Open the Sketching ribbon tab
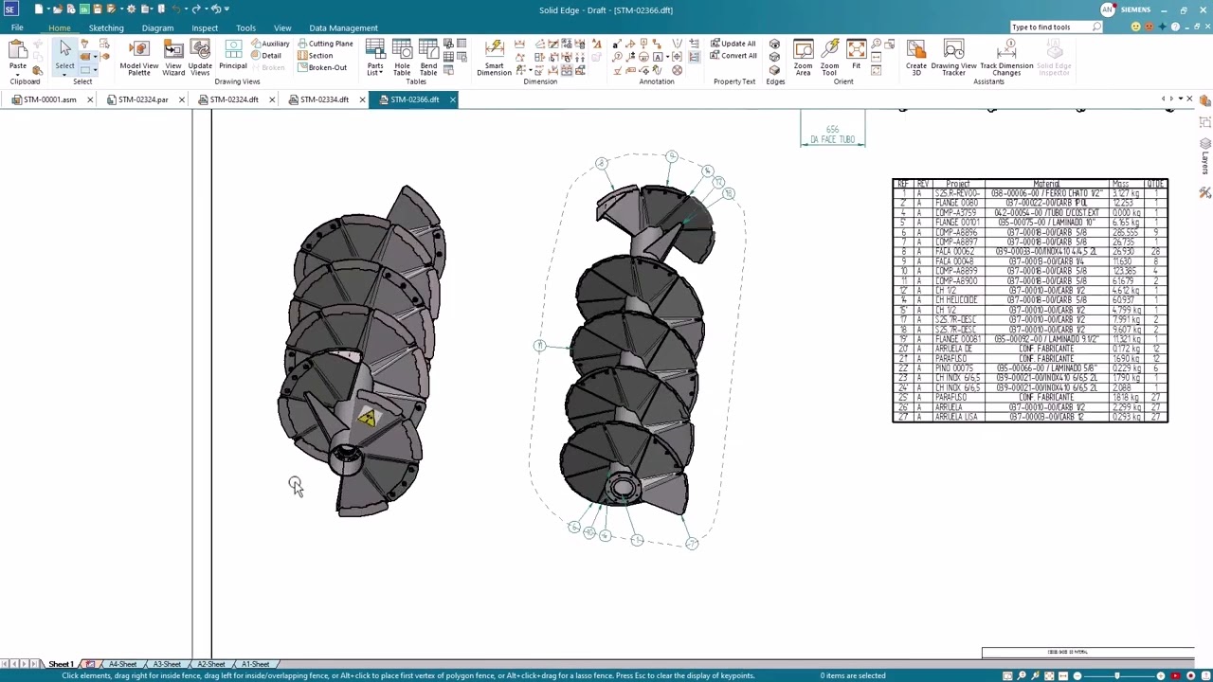[106, 28]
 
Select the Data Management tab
[343, 28]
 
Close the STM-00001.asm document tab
[90, 99]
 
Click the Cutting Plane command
[325, 44]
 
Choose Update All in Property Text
[733, 44]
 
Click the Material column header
[1046, 184]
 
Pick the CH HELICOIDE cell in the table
[956, 300]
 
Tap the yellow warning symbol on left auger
[367, 418]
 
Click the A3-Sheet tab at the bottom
[167, 664]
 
